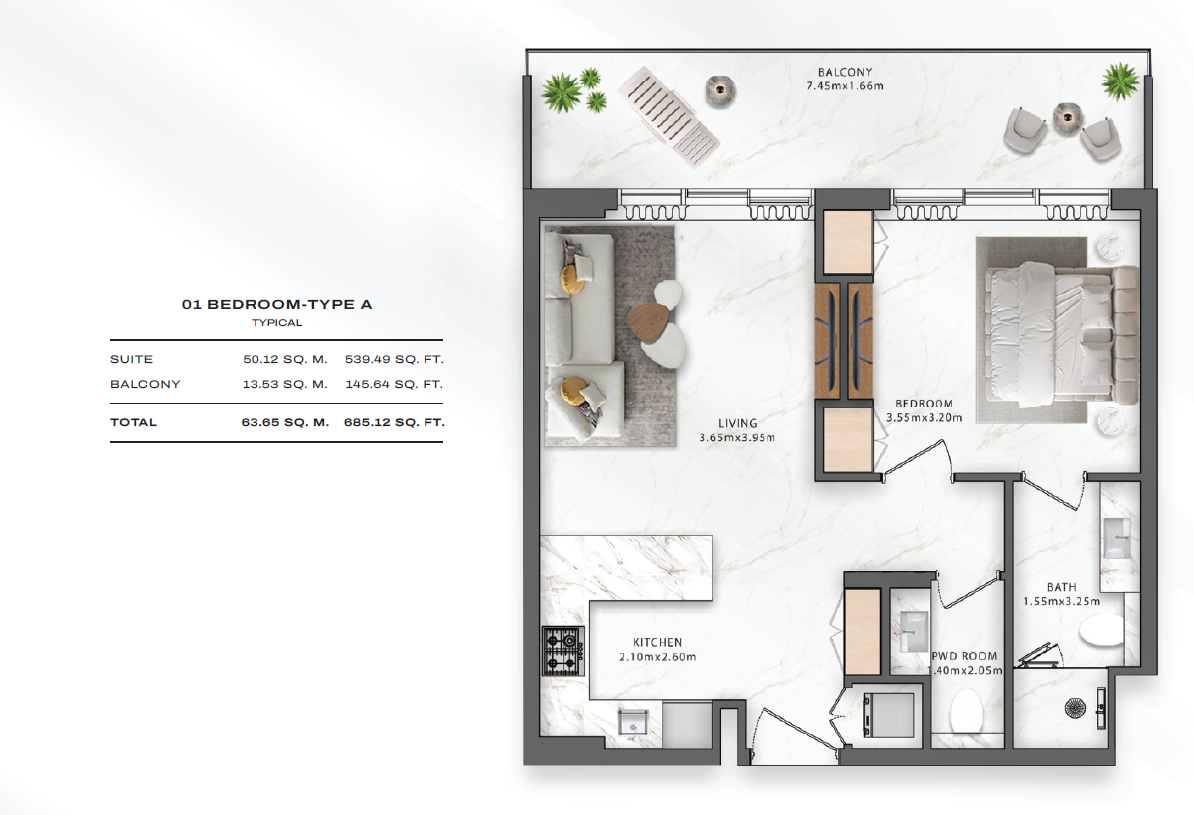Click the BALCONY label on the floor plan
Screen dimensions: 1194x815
(845, 72)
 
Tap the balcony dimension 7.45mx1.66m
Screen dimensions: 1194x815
(845, 86)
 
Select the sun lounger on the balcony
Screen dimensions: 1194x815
(669, 116)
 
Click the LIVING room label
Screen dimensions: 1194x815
(738, 423)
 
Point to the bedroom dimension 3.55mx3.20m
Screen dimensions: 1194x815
(925, 417)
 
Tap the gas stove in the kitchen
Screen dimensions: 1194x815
(563, 651)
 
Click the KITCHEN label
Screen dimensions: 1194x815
(657, 643)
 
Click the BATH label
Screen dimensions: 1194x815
(1061, 587)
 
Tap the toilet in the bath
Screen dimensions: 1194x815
(1102, 629)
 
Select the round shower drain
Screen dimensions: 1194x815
(1074, 708)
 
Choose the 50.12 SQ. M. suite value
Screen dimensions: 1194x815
(285, 359)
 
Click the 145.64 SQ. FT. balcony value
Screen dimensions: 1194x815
(395, 384)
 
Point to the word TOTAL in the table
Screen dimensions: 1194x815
(134, 422)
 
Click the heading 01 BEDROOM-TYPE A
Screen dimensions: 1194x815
(276, 305)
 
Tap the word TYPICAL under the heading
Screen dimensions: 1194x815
(276, 323)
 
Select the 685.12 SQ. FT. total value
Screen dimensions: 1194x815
(395, 422)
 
